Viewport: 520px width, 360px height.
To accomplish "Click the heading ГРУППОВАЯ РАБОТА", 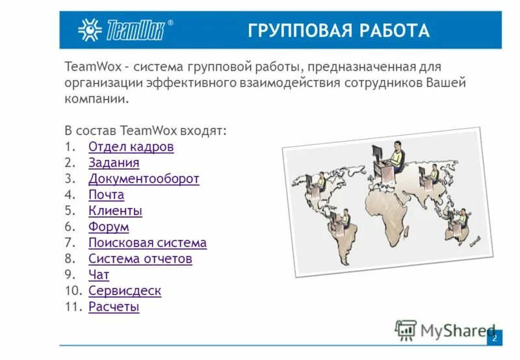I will (x=338, y=31).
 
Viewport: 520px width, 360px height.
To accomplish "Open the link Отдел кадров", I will (x=131, y=147).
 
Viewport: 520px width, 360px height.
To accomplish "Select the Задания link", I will (x=114, y=163).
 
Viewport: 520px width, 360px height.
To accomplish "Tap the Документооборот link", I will (x=144, y=179).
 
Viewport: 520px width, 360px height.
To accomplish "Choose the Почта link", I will (x=106, y=195).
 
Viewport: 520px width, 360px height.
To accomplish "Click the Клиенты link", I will (x=115, y=211).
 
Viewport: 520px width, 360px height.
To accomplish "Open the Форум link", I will (x=109, y=227).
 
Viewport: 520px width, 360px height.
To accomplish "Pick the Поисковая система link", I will (x=148, y=243).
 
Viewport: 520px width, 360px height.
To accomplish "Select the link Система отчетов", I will (x=140, y=259).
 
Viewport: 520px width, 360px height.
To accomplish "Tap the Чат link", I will (x=99, y=275).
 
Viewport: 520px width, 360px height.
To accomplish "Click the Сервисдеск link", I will (x=125, y=291).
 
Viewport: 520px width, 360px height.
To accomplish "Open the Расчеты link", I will (x=114, y=307).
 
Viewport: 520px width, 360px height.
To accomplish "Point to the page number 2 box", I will (x=494, y=338).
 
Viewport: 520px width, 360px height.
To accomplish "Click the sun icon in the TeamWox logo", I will (x=89, y=30).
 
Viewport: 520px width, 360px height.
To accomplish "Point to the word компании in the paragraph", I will (x=96, y=99).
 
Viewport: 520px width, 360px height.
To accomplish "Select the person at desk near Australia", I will (x=458, y=221).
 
